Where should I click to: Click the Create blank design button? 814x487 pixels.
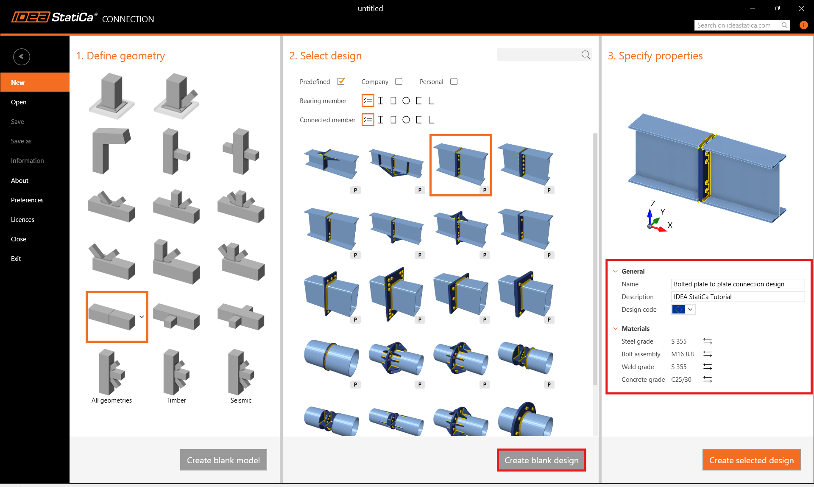[541, 460]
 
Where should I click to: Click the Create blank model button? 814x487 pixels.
[223, 460]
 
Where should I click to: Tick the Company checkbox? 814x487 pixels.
[399, 81]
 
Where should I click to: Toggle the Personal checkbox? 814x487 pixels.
[454, 81]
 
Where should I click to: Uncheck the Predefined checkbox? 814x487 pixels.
[341, 81]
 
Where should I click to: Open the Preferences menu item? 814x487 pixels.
[27, 200]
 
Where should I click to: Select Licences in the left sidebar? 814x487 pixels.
[22, 220]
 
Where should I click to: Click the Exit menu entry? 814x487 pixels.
[16, 259]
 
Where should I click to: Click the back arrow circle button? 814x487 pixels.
[21, 56]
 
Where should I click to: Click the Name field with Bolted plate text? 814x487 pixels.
[738, 284]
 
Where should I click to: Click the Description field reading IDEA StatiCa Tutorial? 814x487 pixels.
[738, 297]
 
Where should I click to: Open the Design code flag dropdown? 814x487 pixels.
[683, 310]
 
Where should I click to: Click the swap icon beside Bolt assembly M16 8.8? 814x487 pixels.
[708, 354]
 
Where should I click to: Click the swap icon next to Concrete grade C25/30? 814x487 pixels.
[708, 380]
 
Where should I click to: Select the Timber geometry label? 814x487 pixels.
[176, 400]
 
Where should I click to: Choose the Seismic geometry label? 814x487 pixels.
[241, 400]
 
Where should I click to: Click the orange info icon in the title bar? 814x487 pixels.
[803, 25]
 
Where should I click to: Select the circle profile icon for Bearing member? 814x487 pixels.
[406, 101]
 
